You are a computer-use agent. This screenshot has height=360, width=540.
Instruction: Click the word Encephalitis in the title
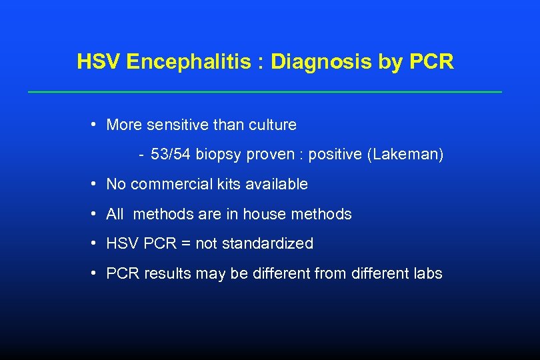point(189,62)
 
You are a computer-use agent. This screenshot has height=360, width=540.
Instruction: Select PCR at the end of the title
point(431,62)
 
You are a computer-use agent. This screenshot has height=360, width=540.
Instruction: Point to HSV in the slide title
point(99,62)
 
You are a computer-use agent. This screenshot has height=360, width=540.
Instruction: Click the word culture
point(273,125)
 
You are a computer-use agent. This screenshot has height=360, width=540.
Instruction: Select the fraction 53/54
point(171,155)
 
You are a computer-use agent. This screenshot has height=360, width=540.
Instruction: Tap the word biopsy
point(219,155)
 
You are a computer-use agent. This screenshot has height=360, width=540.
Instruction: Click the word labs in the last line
point(428,273)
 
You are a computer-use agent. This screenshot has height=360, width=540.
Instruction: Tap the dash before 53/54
point(141,155)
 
